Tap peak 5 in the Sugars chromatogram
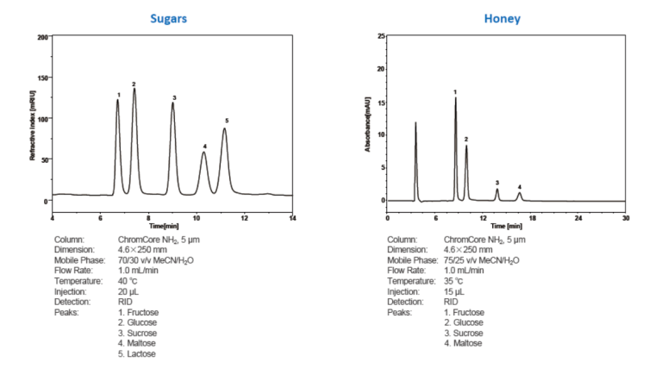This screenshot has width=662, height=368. point(225,129)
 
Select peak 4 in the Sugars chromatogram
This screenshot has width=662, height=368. point(204,153)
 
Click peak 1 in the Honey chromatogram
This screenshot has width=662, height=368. point(455,100)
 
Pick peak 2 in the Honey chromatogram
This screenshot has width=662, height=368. point(466,147)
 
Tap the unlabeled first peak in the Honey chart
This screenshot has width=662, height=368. point(415,125)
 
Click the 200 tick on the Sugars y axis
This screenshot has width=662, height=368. point(42,38)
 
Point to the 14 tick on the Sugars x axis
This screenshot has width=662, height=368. point(292,218)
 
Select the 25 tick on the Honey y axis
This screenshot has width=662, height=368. point(380,37)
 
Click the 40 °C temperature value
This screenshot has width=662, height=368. point(130,281)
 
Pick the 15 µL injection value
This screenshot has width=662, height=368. point(454,291)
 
